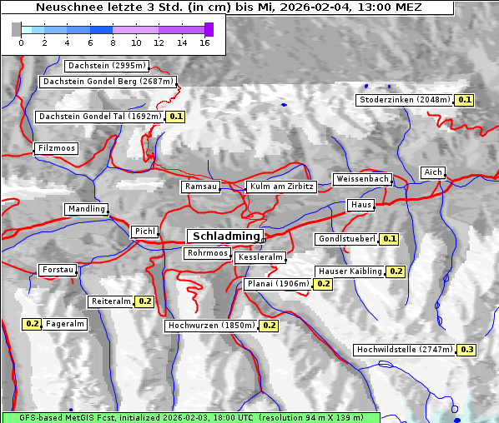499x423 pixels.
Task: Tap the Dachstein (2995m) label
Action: tap(107, 66)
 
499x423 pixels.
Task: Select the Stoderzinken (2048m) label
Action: tap(405, 100)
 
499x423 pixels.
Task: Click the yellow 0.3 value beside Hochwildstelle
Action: tap(466, 350)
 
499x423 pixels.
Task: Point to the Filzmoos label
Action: tap(56, 148)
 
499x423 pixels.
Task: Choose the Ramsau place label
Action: tap(201, 187)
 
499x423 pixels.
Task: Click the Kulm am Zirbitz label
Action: tap(281, 187)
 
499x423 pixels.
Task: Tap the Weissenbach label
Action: tap(361, 179)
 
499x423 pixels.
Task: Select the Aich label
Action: tap(433, 172)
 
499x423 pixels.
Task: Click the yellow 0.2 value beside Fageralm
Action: tap(33, 324)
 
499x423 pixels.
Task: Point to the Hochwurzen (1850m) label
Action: tap(210, 326)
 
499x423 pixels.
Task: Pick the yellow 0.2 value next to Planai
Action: tap(324, 284)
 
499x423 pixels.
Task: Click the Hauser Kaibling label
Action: tap(350, 271)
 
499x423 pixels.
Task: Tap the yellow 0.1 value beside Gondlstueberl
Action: tap(389, 239)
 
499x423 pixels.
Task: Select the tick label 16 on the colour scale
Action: tap(204, 42)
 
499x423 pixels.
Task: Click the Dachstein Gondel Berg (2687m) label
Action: tap(108, 82)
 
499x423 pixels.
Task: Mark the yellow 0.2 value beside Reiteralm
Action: tap(145, 301)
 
